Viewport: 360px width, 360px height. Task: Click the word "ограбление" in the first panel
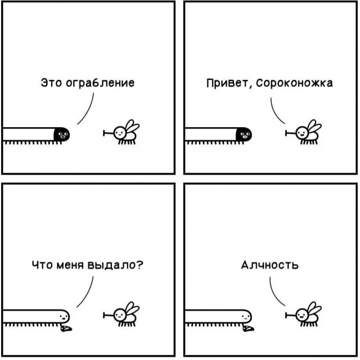click(100, 83)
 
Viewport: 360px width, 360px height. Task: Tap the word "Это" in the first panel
click(51, 83)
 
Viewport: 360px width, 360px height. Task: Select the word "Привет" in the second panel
click(227, 83)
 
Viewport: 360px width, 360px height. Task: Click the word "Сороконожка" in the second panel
click(294, 83)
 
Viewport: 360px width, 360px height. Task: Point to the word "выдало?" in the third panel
click(115, 265)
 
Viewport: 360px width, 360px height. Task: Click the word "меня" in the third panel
click(70, 265)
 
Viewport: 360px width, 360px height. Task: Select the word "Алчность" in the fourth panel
click(270, 265)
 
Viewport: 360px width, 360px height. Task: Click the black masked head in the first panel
click(62, 134)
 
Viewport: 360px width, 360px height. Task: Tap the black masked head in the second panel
click(244, 134)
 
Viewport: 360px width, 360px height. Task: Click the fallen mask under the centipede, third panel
click(66, 328)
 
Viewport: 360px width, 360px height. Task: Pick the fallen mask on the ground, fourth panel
click(249, 328)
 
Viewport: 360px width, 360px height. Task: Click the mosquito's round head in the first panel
click(120, 133)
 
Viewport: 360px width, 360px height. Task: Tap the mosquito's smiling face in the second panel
click(301, 133)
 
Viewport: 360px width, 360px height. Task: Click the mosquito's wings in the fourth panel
click(314, 310)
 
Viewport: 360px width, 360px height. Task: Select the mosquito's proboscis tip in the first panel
click(103, 133)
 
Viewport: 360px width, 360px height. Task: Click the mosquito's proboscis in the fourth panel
click(290, 315)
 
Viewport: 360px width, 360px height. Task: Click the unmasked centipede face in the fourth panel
click(246, 317)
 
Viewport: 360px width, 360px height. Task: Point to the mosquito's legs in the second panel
click(309, 142)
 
